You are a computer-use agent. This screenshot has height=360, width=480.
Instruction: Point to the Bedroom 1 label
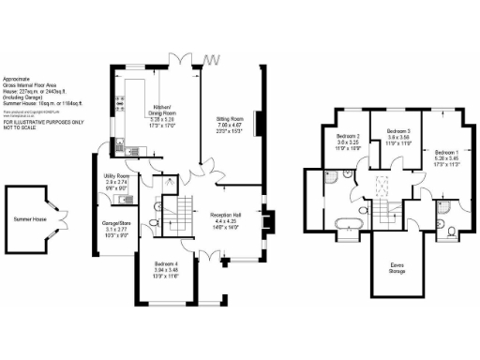(x=446, y=150)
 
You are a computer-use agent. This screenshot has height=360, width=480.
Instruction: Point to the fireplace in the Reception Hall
(x=266, y=222)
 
